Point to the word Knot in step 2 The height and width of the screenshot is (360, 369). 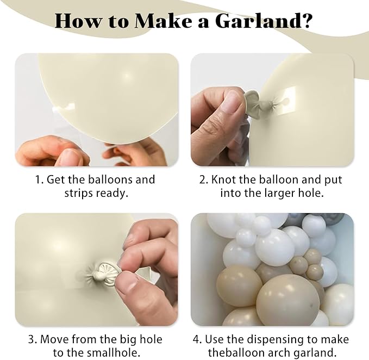tap(231, 179)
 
